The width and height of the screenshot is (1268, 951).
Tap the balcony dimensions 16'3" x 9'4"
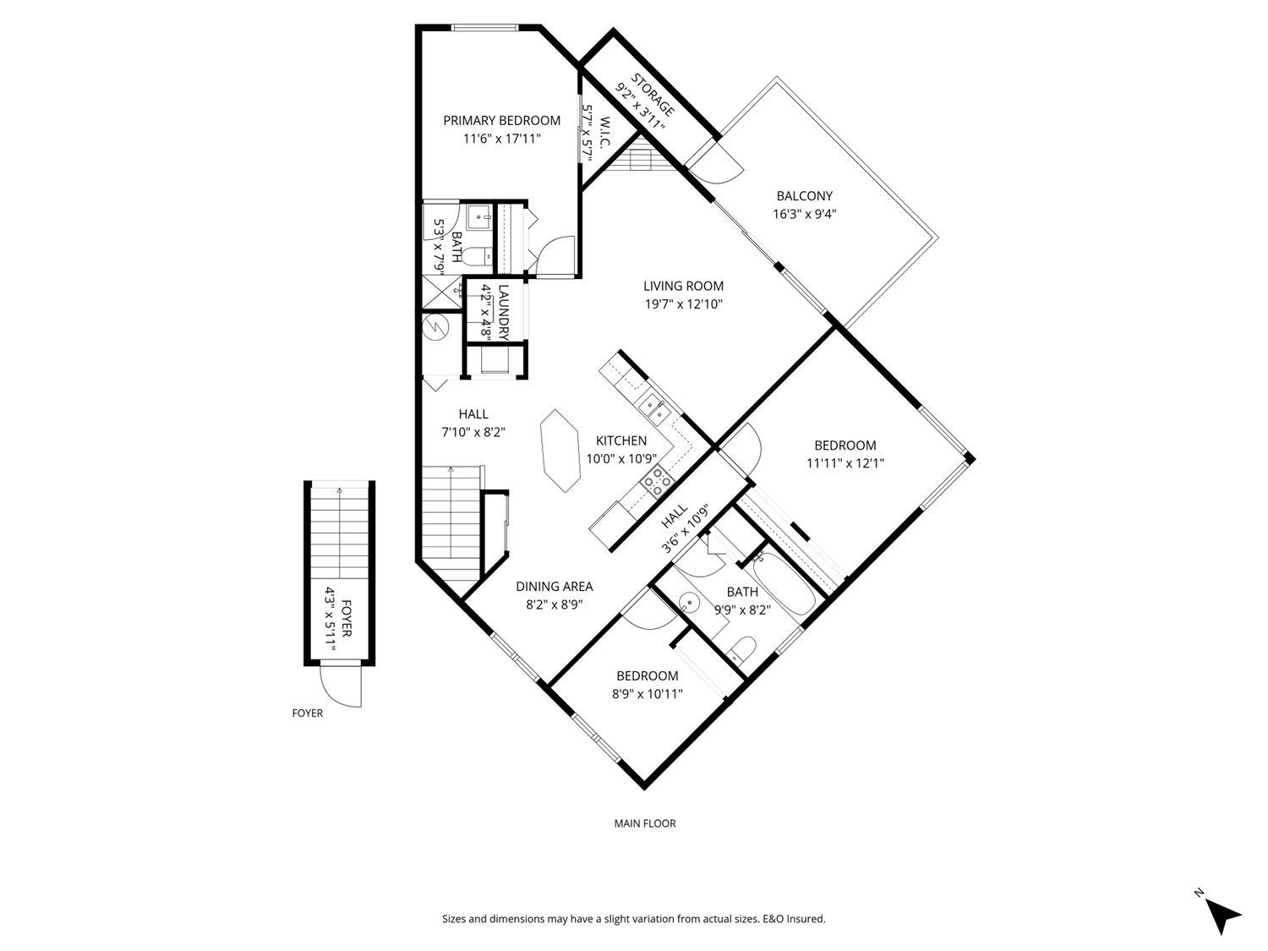804,214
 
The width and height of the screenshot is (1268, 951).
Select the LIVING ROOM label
683,287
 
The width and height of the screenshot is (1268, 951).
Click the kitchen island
560,451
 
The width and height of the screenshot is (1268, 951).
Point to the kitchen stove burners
657,483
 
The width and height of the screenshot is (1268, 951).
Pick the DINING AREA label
554,587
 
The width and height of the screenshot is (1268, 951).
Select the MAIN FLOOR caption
644,823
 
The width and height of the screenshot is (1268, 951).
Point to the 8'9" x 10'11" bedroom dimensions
647,694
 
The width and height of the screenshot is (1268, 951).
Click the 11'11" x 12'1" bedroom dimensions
844,463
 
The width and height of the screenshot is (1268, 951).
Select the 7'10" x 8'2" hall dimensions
473,432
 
